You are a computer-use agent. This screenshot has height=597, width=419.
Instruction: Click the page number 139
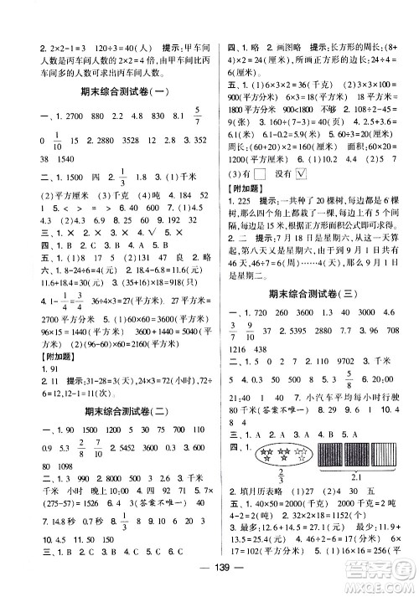click(210, 584)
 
